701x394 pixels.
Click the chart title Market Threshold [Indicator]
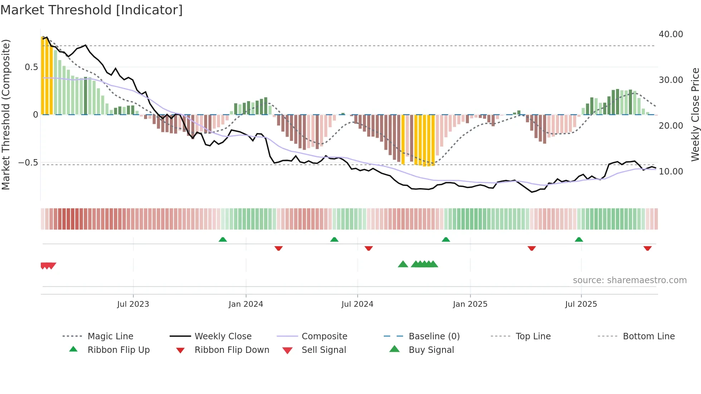[x=92, y=10]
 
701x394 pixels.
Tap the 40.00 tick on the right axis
[x=671, y=34]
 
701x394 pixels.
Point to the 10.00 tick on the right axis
[x=671, y=172]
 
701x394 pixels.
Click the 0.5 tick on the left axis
[x=31, y=67]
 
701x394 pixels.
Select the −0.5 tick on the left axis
[x=28, y=163]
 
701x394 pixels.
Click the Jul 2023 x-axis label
[x=133, y=304]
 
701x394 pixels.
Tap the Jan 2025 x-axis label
[x=470, y=304]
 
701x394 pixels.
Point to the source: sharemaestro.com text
[x=629, y=280]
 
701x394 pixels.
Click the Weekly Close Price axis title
[x=695, y=114]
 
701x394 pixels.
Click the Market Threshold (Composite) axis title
[x=6, y=114]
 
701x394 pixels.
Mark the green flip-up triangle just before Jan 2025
[x=446, y=240]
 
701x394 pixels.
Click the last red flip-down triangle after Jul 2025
[x=647, y=248]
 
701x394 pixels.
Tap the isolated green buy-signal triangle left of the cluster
[x=403, y=264]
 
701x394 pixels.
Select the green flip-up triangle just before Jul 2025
[x=579, y=240]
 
